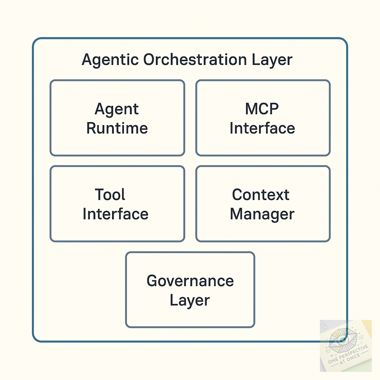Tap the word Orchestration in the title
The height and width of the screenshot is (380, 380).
click(195, 60)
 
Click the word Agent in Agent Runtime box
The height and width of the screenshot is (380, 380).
click(117, 109)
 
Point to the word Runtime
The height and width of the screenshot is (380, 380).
click(117, 128)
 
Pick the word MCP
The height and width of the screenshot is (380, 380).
click(262, 109)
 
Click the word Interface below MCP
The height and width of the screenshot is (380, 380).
click(262, 128)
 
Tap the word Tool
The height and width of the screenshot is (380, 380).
click(110, 195)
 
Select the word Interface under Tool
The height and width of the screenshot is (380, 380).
click(115, 214)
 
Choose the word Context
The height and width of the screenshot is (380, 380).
click(261, 195)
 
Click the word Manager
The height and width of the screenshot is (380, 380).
click(262, 214)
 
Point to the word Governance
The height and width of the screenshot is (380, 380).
click(190, 281)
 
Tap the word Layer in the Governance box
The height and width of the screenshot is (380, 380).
click(190, 300)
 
